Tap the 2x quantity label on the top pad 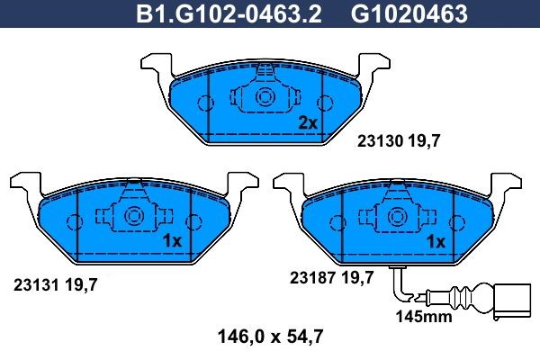[308, 123]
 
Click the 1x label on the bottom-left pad [172, 241]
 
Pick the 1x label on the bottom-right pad [436, 241]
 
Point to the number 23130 [375, 140]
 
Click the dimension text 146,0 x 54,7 [271, 338]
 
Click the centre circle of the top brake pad [265, 97]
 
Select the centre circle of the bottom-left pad [133, 216]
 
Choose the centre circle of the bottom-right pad [396, 216]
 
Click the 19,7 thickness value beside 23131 [81, 285]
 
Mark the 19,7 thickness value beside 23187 [358, 278]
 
